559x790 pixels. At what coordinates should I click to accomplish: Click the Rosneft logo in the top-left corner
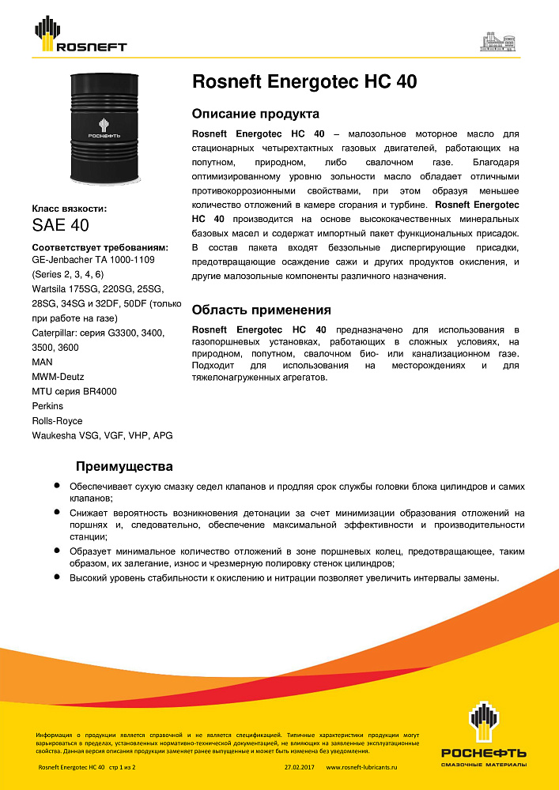pos(79,35)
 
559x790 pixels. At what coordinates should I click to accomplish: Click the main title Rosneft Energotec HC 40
pos(304,82)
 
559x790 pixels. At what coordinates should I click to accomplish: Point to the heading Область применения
pos(261,310)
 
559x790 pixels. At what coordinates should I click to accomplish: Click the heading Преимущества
pos(124,466)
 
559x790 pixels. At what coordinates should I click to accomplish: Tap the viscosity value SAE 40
pos(60,226)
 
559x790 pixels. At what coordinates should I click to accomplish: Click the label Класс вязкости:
pos(69,209)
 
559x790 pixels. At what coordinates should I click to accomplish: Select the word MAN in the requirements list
pos(43,361)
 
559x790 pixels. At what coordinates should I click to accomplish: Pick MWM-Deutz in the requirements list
pos(58,376)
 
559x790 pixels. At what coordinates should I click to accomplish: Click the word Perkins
pos(48,406)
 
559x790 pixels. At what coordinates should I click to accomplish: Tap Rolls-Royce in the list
pos(57,421)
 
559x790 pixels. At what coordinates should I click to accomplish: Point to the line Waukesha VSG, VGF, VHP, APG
pos(102,435)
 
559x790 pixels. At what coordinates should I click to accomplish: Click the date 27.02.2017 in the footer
pos(300,767)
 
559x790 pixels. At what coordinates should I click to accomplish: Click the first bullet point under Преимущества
pos(58,487)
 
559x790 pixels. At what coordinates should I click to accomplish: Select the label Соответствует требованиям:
pos(100,247)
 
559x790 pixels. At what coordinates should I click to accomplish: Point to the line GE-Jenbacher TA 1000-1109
pos(99,259)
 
